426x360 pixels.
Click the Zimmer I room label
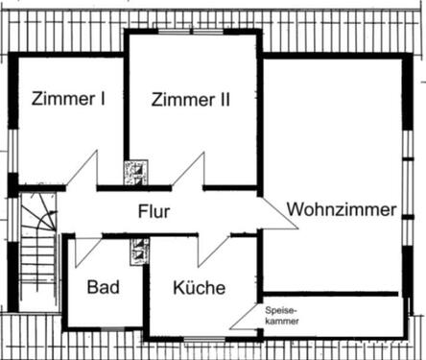(x=68, y=97)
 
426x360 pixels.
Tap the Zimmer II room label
(x=191, y=97)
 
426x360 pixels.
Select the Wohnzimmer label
(x=341, y=208)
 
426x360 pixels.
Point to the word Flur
(x=154, y=211)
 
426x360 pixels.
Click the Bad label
(x=102, y=287)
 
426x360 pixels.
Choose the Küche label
(x=200, y=287)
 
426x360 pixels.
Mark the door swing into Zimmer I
(x=84, y=174)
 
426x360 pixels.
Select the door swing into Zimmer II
(x=189, y=174)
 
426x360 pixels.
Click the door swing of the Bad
(x=86, y=249)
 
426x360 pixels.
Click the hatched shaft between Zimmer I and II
(x=135, y=172)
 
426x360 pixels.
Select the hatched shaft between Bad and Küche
(x=136, y=252)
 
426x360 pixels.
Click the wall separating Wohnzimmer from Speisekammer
(x=331, y=293)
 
